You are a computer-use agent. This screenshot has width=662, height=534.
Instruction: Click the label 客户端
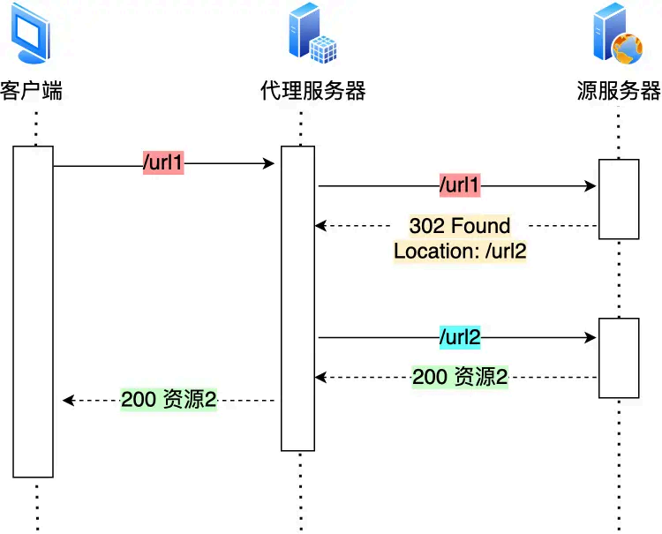click(x=32, y=91)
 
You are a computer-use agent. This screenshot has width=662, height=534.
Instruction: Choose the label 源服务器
click(x=619, y=91)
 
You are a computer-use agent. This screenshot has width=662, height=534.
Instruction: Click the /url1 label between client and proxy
click(x=163, y=163)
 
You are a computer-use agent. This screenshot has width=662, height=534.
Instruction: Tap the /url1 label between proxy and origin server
click(x=460, y=186)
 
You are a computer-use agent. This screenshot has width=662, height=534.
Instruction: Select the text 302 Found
click(x=460, y=226)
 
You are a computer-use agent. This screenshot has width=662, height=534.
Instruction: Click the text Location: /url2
click(x=460, y=251)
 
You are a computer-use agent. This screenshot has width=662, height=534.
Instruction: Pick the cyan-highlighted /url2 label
click(x=460, y=336)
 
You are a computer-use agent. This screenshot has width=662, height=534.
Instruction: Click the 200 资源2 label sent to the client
click(x=169, y=400)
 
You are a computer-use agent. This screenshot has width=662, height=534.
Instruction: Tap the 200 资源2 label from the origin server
click(x=460, y=377)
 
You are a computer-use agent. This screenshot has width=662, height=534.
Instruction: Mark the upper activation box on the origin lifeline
click(x=618, y=199)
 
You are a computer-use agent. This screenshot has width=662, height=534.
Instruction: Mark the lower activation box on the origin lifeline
click(x=618, y=357)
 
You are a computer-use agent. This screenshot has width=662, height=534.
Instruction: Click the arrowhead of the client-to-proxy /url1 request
click(x=269, y=163)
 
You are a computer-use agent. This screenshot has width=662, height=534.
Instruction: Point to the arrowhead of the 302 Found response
click(x=320, y=226)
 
